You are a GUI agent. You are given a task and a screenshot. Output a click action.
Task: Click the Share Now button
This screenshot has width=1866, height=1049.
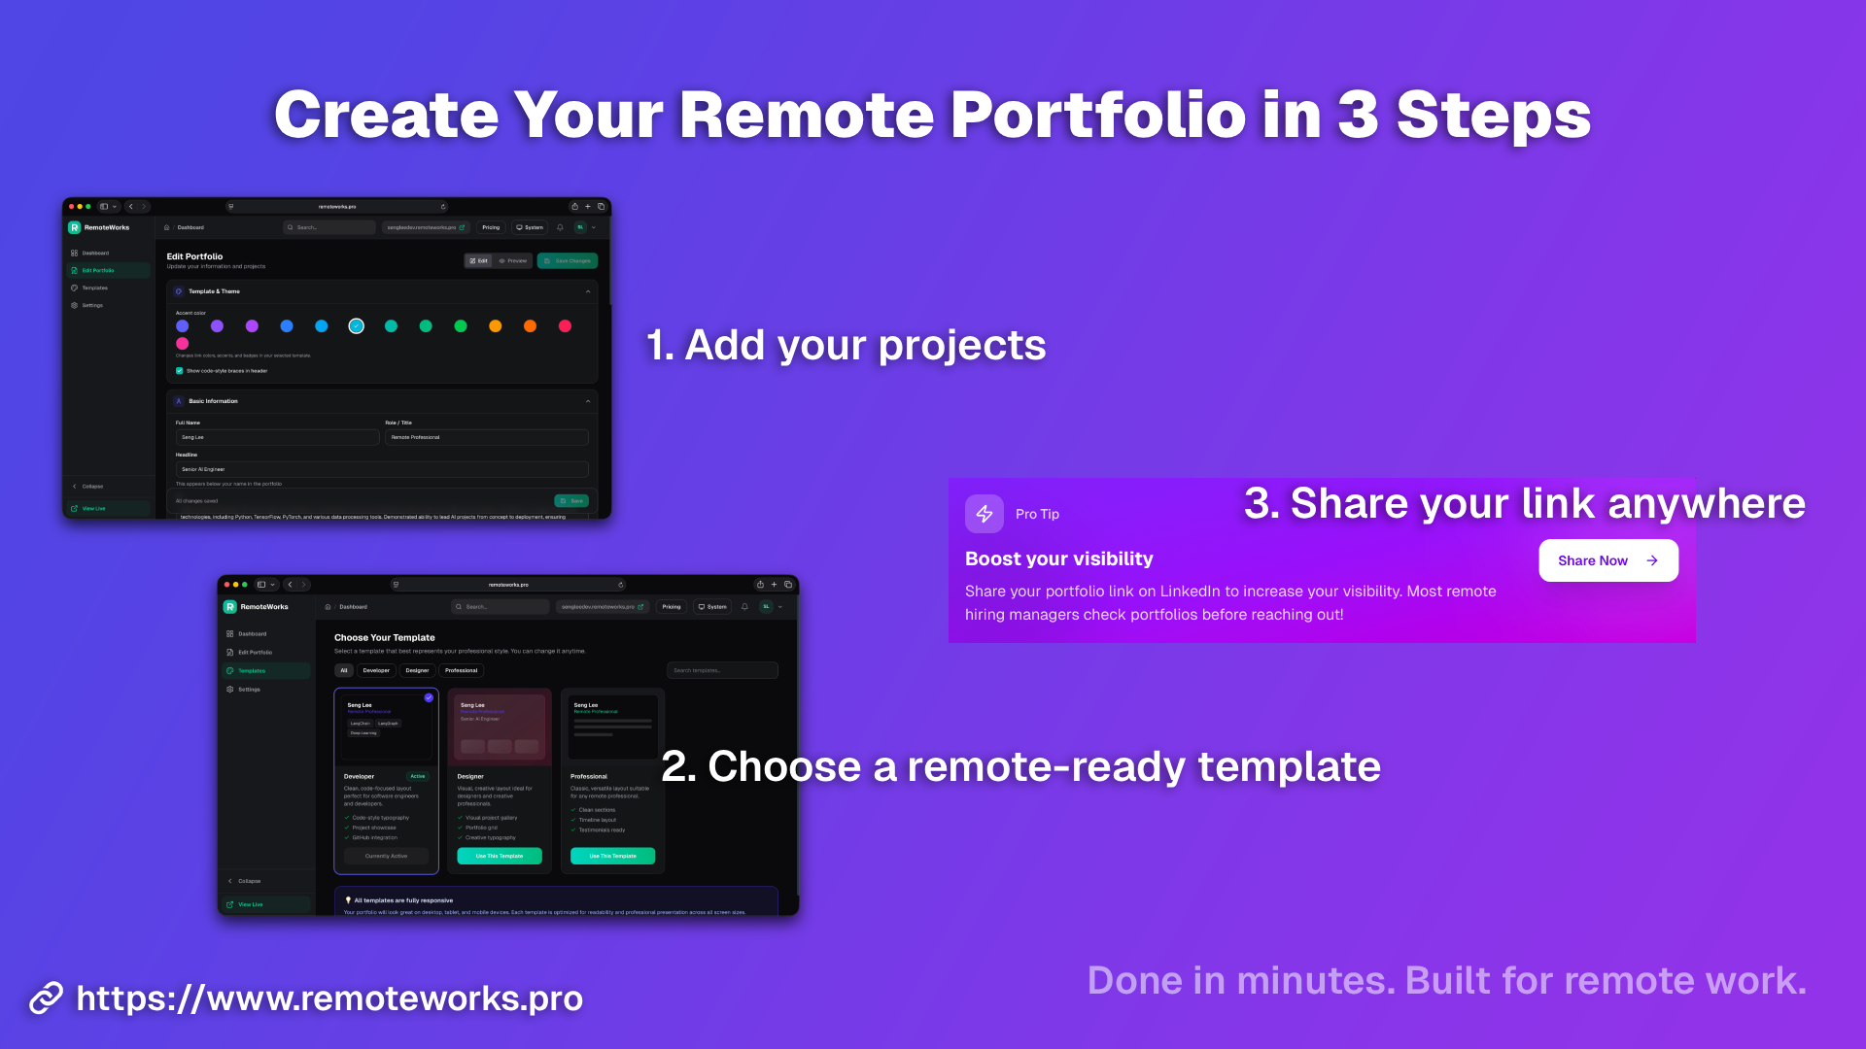tap(1607, 560)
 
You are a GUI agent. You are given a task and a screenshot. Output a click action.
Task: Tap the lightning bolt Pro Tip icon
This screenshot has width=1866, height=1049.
tap(984, 514)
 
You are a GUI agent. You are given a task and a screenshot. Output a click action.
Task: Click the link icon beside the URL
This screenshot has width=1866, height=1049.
tap(46, 998)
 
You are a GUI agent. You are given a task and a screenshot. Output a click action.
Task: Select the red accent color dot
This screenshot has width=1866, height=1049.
tap(565, 326)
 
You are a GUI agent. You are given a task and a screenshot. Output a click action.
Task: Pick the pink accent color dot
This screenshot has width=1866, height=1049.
tap(183, 344)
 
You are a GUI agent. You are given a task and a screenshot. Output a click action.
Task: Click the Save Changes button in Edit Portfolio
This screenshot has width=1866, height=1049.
tap(568, 260)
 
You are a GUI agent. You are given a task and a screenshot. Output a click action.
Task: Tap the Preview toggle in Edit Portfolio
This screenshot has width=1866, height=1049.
tap(513, 260)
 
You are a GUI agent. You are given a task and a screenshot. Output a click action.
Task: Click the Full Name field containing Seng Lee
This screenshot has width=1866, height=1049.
tap(276, 437)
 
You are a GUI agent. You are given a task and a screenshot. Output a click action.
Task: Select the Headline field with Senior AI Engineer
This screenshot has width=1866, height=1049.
tap(381, 469)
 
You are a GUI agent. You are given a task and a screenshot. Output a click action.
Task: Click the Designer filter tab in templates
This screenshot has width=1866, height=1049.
tap(417, 670)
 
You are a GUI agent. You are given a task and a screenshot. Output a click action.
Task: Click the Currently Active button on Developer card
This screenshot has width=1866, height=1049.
tap(386, 856)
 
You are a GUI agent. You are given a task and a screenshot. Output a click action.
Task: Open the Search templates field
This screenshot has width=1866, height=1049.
tap(722, 670)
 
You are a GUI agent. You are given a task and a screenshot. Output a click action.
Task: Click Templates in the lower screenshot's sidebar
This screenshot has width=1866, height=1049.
tap(252, 671)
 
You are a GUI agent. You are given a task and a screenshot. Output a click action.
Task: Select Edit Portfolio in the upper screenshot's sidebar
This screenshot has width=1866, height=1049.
tap(98, 270)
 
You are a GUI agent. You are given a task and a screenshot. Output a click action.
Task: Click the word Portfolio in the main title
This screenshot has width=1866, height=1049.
tap(1097, 115)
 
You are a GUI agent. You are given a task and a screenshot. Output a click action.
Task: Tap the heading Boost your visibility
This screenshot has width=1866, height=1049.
tap(1058, 558)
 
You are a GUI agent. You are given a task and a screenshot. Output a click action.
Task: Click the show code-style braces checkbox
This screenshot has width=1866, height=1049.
tap(180, 371)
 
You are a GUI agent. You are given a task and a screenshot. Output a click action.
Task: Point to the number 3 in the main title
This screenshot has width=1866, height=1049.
tap(1358, 115)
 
